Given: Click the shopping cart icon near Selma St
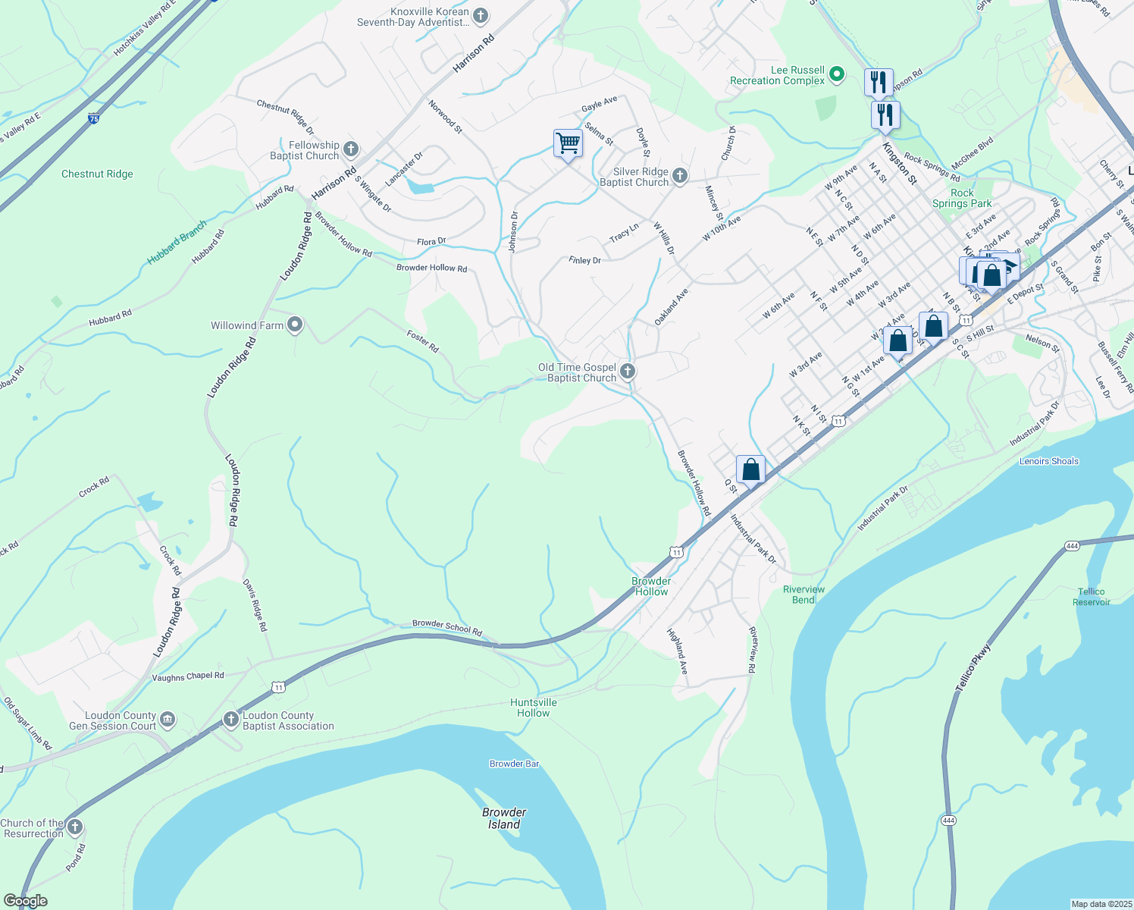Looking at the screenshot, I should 568,143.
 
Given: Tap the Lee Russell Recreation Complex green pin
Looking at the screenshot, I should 837,74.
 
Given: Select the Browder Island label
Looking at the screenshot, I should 504,818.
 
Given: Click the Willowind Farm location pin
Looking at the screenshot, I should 295,325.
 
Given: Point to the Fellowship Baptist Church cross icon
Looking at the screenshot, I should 350,149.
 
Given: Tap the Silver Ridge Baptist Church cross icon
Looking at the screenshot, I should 680,176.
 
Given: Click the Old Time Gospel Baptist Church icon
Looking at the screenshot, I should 627,372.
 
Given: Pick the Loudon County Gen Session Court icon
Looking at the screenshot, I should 168,719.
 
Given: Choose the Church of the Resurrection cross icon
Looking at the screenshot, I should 74,827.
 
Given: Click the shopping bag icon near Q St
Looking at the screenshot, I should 750,469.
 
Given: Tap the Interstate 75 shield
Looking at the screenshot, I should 93,118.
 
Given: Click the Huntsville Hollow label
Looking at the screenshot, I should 534,708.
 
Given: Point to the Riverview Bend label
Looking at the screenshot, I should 804,595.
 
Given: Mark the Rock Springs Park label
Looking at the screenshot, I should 962,198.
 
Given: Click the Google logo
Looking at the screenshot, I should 25,901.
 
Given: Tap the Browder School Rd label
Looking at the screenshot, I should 447,627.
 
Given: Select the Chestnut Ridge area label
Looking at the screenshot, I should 97,174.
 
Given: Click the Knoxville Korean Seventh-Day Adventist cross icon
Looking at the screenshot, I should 480,15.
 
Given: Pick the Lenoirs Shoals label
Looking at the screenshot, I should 1049,461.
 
